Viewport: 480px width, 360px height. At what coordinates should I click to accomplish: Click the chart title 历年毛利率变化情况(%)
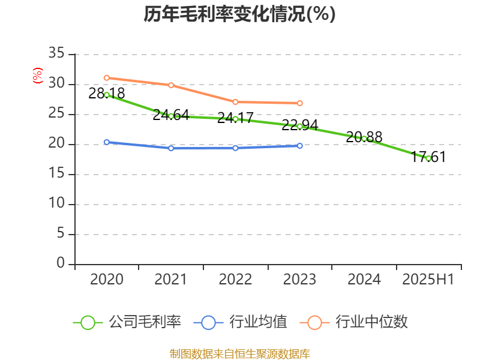point(239,14)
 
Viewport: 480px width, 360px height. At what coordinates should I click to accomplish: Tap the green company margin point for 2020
point(107,95)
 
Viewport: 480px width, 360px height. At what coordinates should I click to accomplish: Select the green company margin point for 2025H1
point(428,158)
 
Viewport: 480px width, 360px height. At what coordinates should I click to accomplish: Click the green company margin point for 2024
point(364,139)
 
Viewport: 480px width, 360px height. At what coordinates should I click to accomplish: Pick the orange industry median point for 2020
point(107,77)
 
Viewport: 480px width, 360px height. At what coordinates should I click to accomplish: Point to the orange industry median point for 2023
point(300,103)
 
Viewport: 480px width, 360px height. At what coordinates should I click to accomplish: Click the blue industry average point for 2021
point(171,148)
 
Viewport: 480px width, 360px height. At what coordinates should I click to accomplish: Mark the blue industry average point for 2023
point(300,146)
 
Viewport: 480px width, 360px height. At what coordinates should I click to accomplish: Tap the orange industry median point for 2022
point(235,102)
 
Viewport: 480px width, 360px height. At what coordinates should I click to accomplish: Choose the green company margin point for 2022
point(235,119)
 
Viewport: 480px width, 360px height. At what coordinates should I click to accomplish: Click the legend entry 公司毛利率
point(127,322)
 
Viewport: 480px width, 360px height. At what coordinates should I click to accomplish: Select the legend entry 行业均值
point(241,322)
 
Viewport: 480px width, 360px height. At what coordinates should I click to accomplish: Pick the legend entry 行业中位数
point(358,322)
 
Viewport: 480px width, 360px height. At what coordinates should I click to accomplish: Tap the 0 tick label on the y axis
point(60,263)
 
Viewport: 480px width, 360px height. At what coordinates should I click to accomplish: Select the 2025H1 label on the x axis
point(428,280)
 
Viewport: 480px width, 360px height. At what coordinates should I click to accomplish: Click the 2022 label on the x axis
point(235,280)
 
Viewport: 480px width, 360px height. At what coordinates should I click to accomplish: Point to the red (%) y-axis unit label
point(38,76)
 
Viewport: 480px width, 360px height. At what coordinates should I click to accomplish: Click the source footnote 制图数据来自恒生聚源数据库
point(239,353)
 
